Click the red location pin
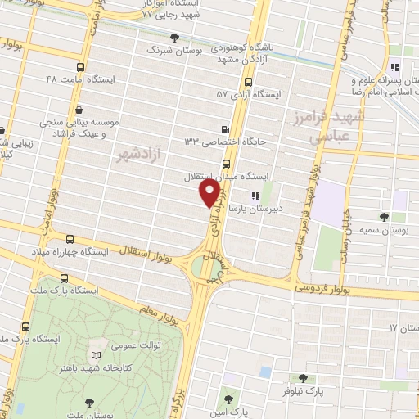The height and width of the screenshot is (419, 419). [210, 193]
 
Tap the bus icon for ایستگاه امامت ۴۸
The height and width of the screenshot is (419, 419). [79, 68]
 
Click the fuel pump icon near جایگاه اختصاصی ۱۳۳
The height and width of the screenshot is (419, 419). [226, 128]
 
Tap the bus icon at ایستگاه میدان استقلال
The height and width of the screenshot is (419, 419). [226, 162]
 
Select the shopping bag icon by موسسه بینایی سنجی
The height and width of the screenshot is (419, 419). [79, 110]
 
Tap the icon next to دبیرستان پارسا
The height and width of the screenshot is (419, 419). [255, 196]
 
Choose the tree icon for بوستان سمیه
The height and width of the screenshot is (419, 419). [384, 216]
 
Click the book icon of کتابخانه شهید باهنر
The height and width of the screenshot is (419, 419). [97, 354]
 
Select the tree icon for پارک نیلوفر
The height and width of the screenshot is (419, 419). [304, 378]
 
